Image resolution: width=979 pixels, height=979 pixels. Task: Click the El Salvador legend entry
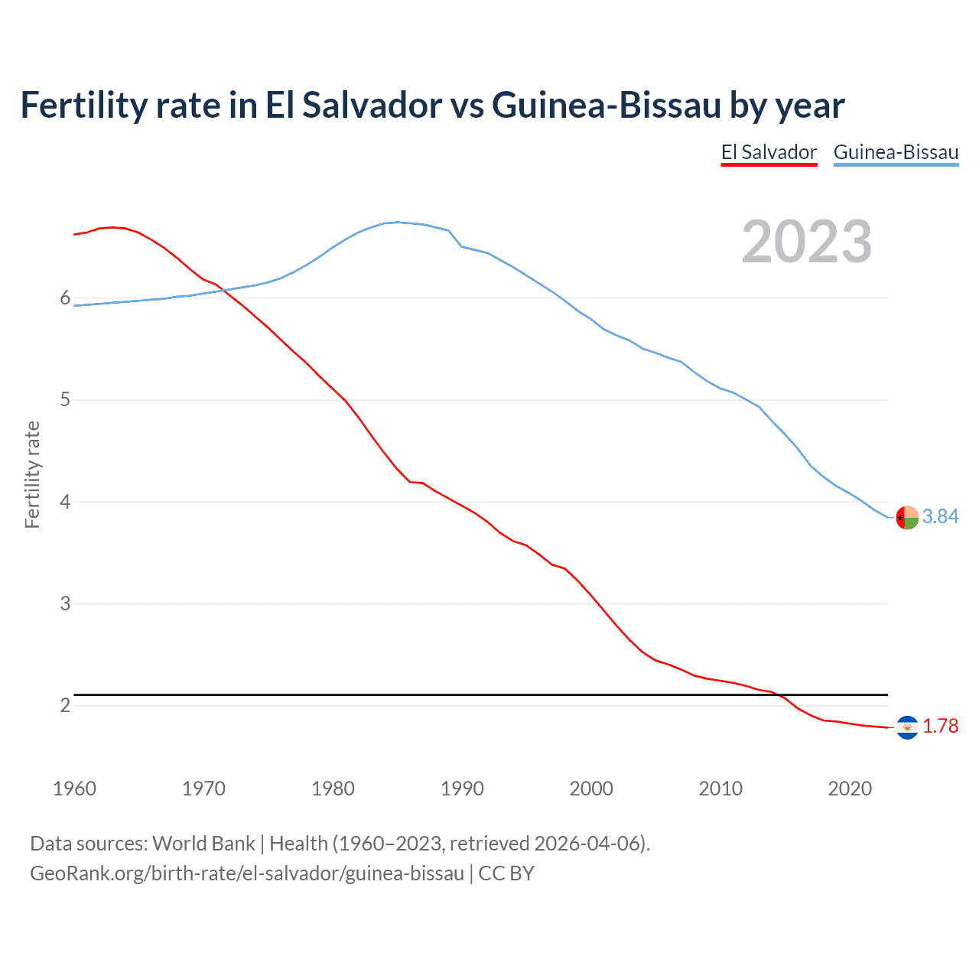(x=769, y=152)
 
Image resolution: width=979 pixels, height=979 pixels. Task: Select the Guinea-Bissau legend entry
(x=896, y=152)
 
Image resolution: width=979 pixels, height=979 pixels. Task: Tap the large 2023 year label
(x=807, y=242)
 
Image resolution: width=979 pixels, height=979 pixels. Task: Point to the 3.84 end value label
(x=940, y=517)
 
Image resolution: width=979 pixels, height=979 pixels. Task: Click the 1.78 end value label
(x=940, y=727)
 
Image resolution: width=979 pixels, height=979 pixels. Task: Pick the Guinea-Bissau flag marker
(x=907, y=518)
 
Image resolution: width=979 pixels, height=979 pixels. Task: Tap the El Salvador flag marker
(x=907, y=727)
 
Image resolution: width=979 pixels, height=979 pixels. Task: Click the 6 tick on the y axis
(x=65, y=298)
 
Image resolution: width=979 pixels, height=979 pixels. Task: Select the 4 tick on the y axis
(x=65, y=503)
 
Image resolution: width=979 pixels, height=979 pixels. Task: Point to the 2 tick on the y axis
(x=65, y=705)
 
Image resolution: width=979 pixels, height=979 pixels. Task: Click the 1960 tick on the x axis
(x=74, y=789)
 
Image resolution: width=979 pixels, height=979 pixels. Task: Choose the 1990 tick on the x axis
(x=462, y=789)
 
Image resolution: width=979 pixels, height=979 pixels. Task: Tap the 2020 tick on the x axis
(x=850, y=789)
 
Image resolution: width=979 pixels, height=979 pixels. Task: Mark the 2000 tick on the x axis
(x=591, y=789)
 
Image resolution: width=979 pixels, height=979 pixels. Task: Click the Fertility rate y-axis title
(x=32, y=474)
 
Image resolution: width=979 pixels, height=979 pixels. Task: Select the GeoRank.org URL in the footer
(x=246, y=873)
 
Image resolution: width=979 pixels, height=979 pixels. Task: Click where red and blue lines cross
(x=223, y=289)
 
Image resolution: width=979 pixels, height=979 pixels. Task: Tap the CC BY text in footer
(x=506, y=873)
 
